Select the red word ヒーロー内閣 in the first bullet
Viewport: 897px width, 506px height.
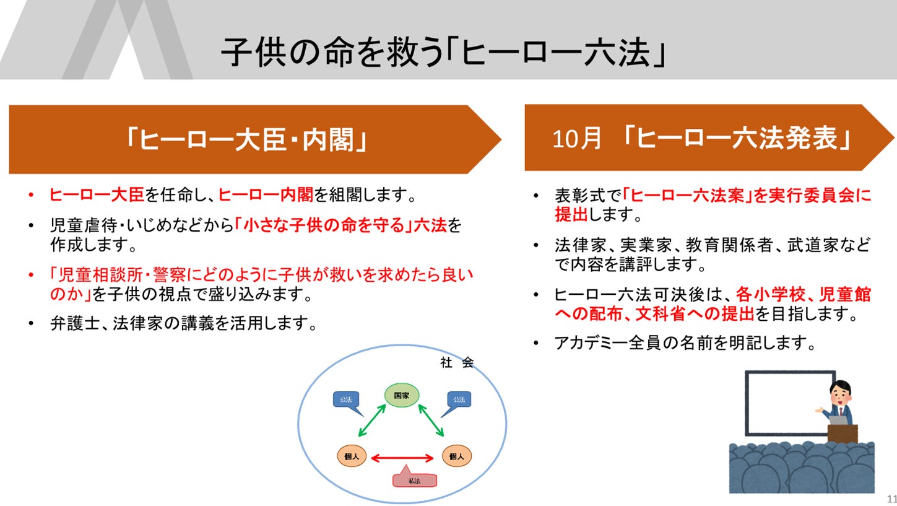point(266,196)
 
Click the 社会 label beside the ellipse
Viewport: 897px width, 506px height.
point(457,363)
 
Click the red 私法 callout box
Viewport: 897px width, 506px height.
point(415,479)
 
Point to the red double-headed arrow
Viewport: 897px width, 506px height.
point(402,458)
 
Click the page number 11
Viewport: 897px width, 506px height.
point(891,499)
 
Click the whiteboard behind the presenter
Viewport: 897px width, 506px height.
point(783,403)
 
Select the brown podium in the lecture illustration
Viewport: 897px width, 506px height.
point(843,433)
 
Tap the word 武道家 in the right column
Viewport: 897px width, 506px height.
point(812,245)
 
